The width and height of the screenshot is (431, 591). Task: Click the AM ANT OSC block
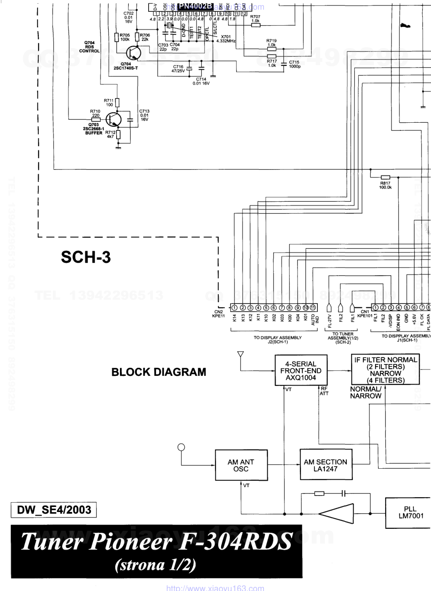[241, 465]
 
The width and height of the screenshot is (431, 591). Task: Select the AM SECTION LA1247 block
[325, 465]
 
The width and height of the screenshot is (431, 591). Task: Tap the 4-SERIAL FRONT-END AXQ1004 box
[301, 371]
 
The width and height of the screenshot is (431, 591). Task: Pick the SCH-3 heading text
[86, 257]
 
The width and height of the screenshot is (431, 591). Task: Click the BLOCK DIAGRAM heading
[159, 372]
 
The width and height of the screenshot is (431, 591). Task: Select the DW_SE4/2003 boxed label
[54, 510]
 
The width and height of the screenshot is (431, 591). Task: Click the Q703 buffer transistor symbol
[113, 120]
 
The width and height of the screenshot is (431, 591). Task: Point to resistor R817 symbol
[385, 177]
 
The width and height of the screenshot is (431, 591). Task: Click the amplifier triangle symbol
[337, 514]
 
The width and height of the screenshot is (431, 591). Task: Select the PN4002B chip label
[195, 6]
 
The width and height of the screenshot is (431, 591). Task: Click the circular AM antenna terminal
[181, 447]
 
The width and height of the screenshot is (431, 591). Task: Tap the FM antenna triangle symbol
[240, 355]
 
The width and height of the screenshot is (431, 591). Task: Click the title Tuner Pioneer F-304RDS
[157, 541]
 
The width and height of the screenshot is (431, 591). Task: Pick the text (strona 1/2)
[156, 565]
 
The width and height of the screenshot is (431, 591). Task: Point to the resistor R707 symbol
[255, 25]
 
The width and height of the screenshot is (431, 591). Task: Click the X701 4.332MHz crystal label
[226, 39]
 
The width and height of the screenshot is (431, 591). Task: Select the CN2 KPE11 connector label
[219, 314]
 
